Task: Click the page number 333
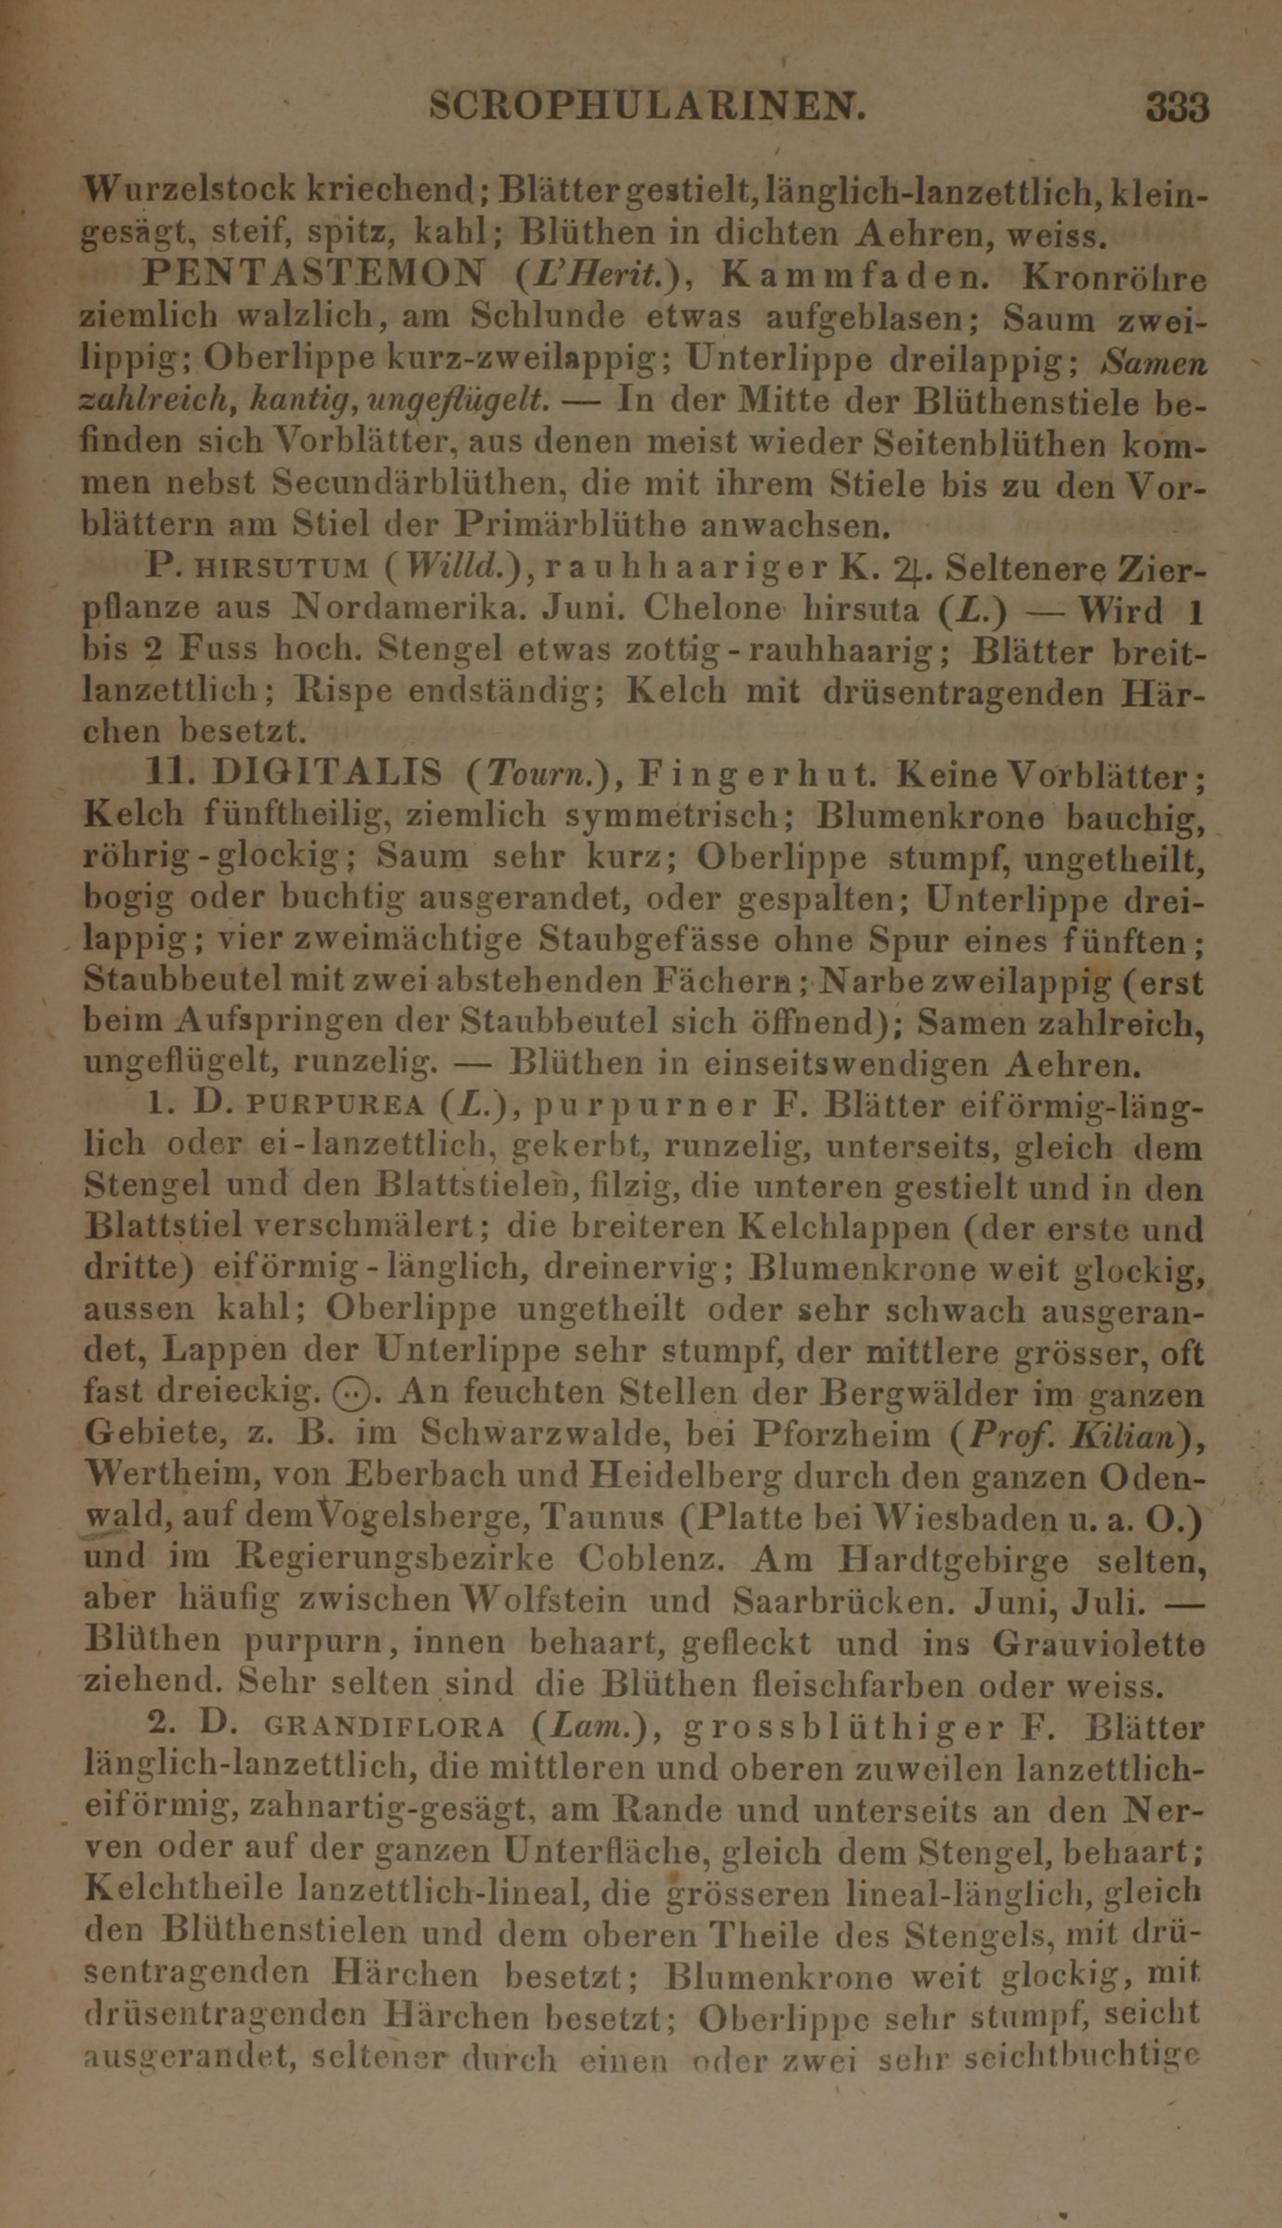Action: click(x=1177, y=108)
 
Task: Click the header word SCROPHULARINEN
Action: click(x=648, y=108)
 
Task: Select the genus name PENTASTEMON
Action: click(x=315, y=273)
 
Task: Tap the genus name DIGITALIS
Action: click(x=328, y=773)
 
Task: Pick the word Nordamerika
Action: click(x=432, y=609)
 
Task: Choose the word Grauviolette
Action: click(x=1099, y=1642)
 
